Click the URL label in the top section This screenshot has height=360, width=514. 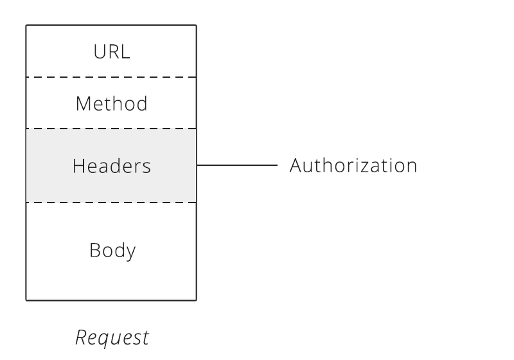[111, 52]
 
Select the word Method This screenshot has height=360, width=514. [111, 103]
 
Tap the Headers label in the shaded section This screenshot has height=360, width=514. [111, 166]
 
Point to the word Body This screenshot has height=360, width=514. [112, 249]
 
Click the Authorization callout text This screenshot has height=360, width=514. [353, 165]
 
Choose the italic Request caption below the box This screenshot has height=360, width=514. [112, 337]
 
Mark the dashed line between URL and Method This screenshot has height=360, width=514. [111, 77]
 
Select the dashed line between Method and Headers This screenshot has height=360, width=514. [111, 129]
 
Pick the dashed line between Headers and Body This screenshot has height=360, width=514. [111, 203]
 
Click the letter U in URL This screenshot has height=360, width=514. [98, 52]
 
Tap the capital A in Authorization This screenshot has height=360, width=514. [296, 165]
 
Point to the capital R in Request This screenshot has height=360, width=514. [82, 336]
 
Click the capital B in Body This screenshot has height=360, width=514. [94, 249]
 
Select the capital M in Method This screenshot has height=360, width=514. [82, 103]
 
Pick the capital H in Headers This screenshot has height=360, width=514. [78, 166]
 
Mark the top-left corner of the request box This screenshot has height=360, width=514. [26, 26]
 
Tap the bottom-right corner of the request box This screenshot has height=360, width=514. [196, 300]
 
